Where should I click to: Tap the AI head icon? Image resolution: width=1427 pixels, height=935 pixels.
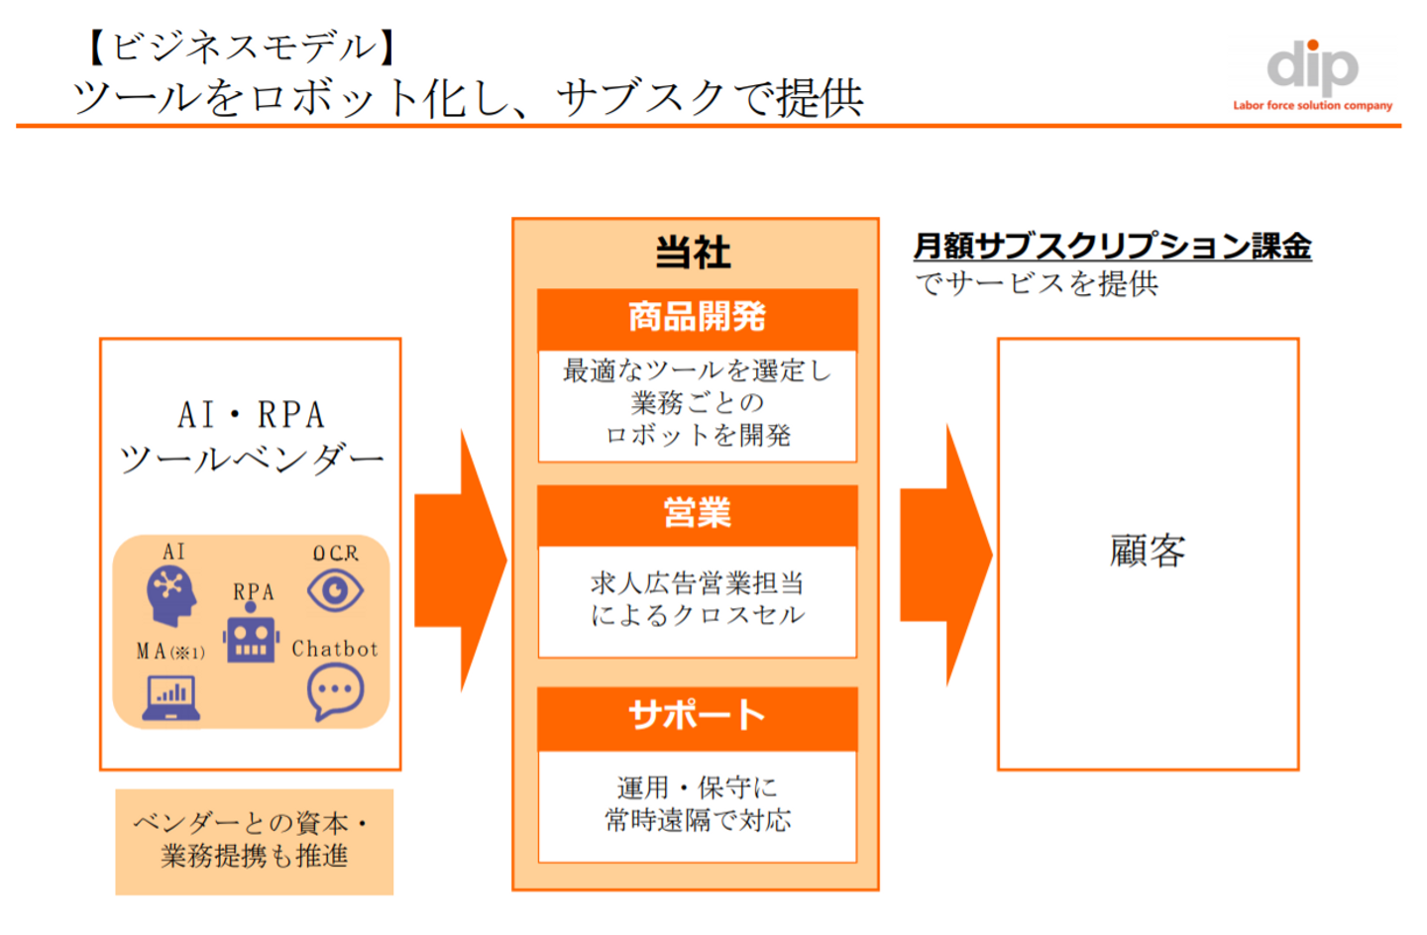click(x=171, y=595)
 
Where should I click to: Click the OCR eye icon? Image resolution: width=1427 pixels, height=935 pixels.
click(x=335, y=591)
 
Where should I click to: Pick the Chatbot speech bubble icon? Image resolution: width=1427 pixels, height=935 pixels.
click(x=335, y=691)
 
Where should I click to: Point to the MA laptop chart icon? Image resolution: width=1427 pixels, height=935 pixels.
click(x=171, y=697)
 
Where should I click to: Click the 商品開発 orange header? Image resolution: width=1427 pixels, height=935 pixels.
click(x=697, y=318)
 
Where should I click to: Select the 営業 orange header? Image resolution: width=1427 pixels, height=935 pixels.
click(x=697, y=514)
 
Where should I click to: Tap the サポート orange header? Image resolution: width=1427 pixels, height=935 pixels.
click(x=697, y=716)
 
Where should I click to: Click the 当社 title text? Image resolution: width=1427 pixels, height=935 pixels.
click(x=694, y=253)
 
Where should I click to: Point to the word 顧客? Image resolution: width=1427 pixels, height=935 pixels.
click(x=1148, y=551)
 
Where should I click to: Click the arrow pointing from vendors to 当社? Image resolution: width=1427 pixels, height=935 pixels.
click(x=461, y=560)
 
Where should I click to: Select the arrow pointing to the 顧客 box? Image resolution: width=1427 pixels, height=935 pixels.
click(x=946, y=555)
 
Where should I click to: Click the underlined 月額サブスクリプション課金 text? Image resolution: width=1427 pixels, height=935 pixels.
click(x=1112, y=246)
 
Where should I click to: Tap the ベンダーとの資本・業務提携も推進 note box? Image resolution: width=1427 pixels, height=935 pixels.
click(x=254, y=841)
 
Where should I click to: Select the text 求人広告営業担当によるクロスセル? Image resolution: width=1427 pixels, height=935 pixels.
click(x=697, y=599)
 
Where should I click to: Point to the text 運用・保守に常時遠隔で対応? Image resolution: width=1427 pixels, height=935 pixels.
click(x=697, y=803)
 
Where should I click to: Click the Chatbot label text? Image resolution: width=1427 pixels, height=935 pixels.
click(x=335, y=649)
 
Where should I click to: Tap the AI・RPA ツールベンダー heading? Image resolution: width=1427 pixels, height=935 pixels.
click(x=251, y=437)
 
